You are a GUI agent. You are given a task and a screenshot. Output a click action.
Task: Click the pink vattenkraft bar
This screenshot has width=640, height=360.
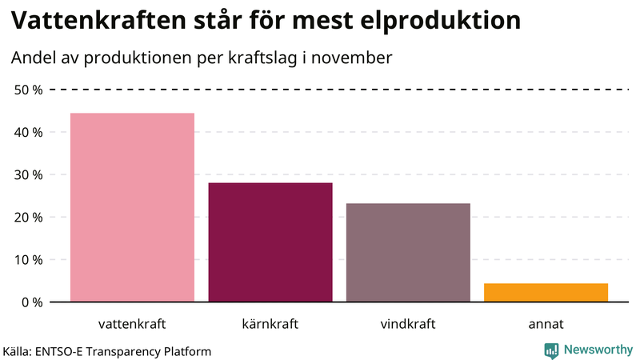point(133,207)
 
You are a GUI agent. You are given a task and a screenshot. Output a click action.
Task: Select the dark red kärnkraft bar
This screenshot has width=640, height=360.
point(270,242)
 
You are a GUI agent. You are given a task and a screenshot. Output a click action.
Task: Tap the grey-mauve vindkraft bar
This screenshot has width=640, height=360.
point(408,253)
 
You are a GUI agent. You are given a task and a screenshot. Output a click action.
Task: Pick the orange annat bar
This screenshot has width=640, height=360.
point(546,293)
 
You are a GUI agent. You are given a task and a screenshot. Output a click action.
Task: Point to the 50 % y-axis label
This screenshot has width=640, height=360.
point(29,90)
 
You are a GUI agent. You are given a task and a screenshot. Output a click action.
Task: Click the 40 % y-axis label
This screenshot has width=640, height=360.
point(29,132)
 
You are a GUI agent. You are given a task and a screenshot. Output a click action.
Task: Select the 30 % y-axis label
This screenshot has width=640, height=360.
point(29,174)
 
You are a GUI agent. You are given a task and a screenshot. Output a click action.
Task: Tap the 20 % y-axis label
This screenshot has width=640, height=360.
point(29,217)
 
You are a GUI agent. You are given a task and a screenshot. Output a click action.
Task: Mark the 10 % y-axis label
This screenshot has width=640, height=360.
point(29,259)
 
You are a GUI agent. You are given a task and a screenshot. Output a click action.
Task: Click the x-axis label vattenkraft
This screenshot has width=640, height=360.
point(133,324)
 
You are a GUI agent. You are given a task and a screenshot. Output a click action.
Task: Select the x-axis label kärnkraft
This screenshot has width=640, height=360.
point(270,324)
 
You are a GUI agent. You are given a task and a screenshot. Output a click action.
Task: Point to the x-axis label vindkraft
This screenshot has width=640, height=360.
point(408,324)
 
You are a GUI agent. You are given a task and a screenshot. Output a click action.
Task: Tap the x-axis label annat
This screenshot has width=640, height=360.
point(546,324)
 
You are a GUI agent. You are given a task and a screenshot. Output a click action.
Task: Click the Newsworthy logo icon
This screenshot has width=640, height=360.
point(551,350)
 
